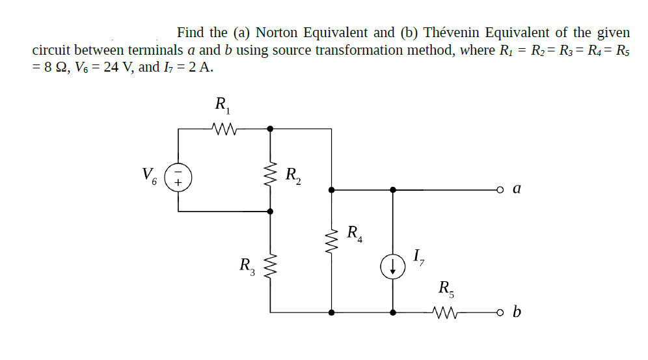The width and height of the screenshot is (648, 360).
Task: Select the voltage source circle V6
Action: (179, 176)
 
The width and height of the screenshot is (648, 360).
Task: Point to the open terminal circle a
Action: (500, 190)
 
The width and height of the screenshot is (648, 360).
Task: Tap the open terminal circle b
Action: (500, 312)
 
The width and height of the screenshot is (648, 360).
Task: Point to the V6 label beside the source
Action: (150, 176)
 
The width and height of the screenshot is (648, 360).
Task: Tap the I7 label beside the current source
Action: (418, 257)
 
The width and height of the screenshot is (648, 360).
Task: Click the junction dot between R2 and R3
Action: (271, 211)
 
